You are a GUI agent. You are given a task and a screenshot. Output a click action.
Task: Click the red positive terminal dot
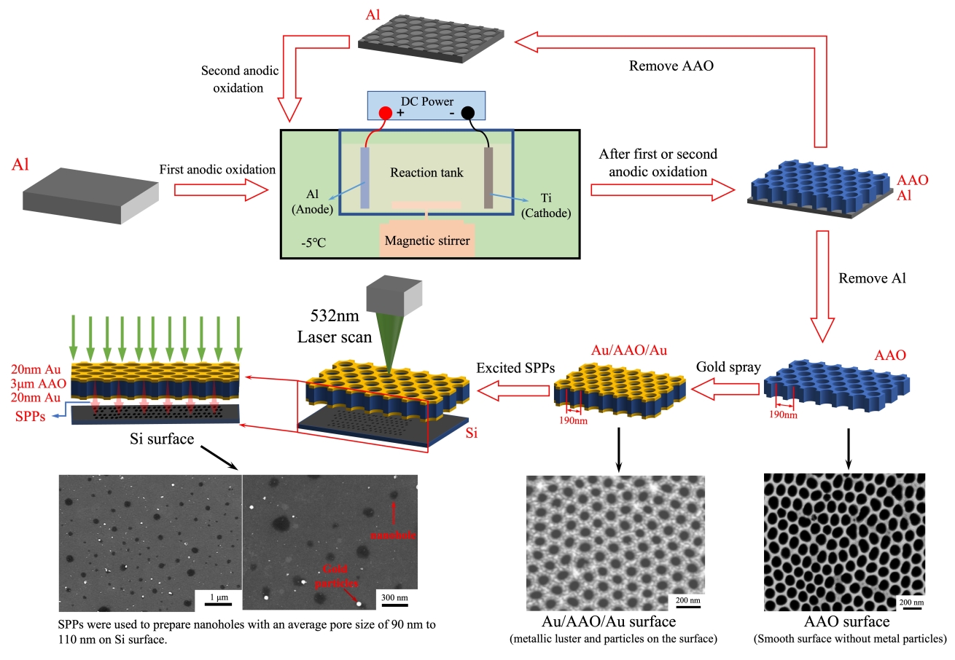tap(384, 114)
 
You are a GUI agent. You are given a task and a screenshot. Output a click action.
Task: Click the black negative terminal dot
tap(467, 113)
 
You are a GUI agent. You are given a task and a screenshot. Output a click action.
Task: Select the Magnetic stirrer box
tap(427, 237)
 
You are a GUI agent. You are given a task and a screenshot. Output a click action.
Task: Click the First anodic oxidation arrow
tap(222, 191)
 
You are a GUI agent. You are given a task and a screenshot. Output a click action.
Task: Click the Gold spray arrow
tap(725, 390)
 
